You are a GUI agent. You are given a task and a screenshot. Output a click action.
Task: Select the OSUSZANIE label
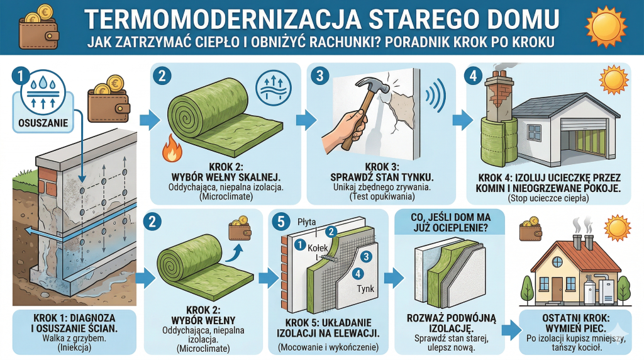43,123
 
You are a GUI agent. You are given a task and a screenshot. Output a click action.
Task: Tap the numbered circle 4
474,76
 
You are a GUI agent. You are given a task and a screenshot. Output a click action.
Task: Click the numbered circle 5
281,222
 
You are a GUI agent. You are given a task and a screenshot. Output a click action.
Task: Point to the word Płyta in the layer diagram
307,222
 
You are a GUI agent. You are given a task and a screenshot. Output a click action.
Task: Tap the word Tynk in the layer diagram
365,288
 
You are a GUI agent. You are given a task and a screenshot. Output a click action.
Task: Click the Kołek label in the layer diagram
318,248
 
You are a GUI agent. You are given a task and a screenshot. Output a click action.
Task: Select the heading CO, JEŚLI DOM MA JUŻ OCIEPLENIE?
450,222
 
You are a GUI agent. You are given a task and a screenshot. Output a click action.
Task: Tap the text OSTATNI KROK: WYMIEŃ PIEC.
576,323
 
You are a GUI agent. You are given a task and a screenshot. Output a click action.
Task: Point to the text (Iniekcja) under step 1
74,347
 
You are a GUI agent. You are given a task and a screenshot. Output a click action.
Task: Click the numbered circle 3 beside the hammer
320,76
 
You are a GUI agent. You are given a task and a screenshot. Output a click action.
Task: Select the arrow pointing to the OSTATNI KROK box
511,330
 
